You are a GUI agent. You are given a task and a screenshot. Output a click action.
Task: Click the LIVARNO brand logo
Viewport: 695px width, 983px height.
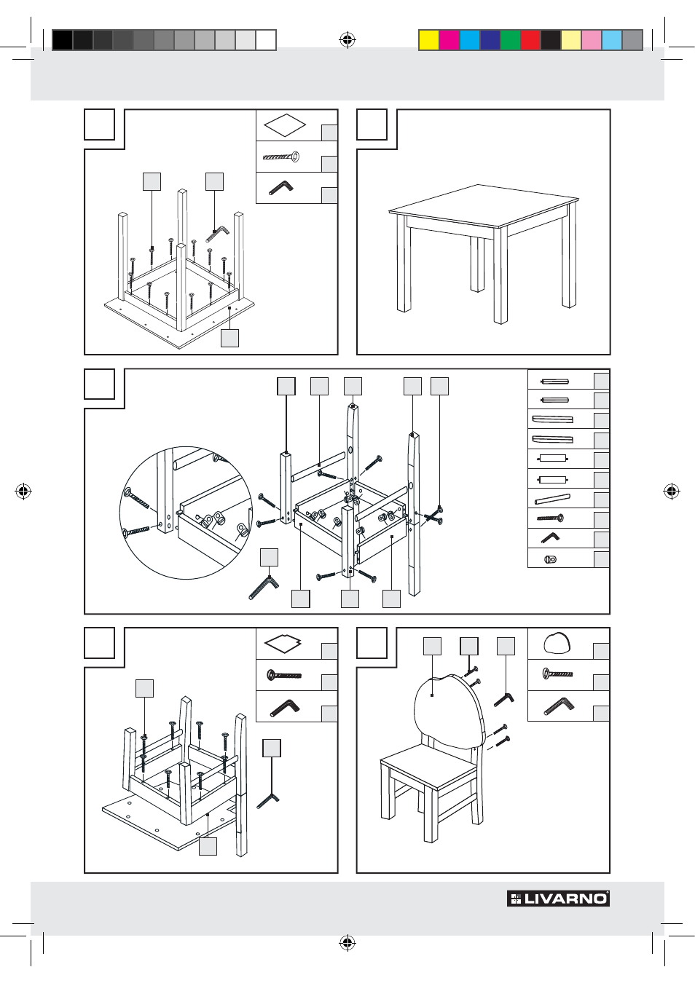[558, 899]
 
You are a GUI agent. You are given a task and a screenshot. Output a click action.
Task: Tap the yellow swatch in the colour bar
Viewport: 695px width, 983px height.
[429, 40]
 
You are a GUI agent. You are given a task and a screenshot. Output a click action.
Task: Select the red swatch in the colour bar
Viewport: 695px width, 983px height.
[530, 40]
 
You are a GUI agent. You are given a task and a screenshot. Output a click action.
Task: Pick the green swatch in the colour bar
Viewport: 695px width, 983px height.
[510, 40]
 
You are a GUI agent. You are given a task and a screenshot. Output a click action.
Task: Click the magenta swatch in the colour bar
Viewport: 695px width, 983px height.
[449, 40]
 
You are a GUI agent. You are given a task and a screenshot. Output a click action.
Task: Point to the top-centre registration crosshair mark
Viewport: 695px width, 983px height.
[347, 40]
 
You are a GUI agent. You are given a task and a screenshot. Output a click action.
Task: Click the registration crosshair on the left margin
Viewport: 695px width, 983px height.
[23, 491]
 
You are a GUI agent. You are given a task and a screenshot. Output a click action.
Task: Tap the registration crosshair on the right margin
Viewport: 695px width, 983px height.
[672, 491]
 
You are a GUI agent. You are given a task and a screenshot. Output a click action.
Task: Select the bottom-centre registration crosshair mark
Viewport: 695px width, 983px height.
[347, 944]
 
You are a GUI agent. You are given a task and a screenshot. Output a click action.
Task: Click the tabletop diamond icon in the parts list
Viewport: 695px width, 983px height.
[285, 125]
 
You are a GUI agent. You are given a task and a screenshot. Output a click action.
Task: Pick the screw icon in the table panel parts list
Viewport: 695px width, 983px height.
[281, 157]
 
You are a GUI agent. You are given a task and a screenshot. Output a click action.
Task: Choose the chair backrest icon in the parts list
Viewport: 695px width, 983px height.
[557, 644]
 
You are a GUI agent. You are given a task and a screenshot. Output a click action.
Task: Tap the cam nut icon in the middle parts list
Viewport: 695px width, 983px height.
[550, 559]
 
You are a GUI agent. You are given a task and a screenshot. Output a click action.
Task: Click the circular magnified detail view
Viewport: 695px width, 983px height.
[186, 512]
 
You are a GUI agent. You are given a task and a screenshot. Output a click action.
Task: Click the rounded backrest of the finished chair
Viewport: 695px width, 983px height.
[446, 706]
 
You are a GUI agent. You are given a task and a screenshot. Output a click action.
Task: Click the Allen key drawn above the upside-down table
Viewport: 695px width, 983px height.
[217, 233]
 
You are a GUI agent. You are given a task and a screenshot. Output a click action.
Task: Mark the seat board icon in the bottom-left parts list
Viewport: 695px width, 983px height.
[283, 644]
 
